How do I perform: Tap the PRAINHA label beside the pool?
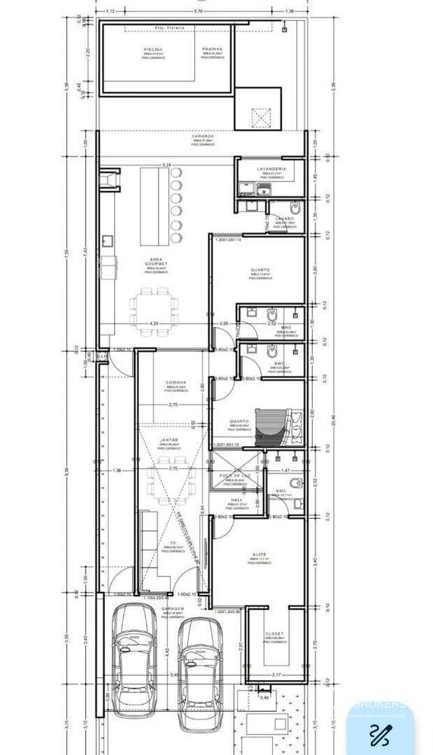(212, 49)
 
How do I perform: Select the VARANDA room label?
(181, 137)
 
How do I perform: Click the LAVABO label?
(284, 218)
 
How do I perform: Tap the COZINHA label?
(176, 383)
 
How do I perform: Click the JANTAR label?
(169, 439)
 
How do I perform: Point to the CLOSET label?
(274, 633)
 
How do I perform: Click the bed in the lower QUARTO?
(272, 425)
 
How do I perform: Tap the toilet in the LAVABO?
(295, 206)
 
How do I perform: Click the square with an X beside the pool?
(259, 118)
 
